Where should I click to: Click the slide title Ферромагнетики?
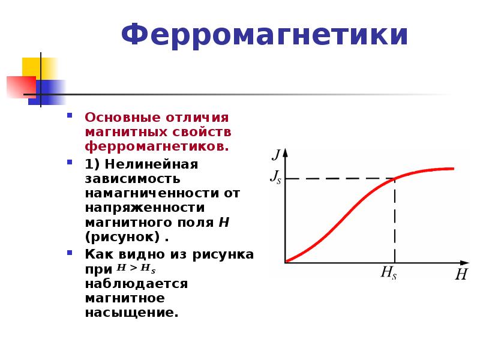(x=265, y=35)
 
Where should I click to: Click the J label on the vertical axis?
(x=277, y=154)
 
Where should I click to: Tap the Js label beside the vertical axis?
(x=275, y=177)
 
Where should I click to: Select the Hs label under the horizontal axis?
(x=388, y=272)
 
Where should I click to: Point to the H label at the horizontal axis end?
(x=461, y=274)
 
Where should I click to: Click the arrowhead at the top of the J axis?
(x=286, y=153)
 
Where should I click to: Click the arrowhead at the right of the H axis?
(x=464, y=263)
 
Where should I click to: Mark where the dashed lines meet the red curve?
(x=395, y=178)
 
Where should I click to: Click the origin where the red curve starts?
(x=286, y=262)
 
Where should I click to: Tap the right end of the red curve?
(x=453, y=169)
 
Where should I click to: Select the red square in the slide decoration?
(x=22, y=87)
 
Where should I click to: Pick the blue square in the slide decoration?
(x=47, y=92)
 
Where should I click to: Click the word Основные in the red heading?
(x=122, y=118)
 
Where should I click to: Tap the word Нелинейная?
(x=151, y=164)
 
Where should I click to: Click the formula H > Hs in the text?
(x=136, y=268)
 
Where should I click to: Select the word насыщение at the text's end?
(x=131, y=313)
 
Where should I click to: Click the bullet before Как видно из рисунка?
(x=70, y=253)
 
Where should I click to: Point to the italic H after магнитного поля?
(x=224, y=222)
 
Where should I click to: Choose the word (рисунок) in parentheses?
(x=122, y=237)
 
